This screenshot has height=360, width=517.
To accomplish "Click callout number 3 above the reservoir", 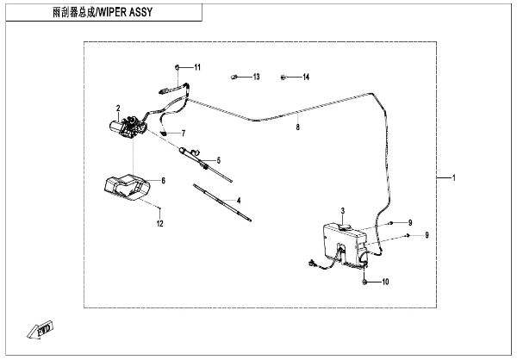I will coord(342,211).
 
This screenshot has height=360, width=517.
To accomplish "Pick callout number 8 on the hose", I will coord(297,127).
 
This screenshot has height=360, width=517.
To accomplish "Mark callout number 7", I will coord(183,133).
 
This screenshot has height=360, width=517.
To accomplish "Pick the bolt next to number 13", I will coord(234,78).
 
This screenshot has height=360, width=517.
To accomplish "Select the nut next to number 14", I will coord(283,78).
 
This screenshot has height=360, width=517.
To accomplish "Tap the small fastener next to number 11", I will coord(177,66).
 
